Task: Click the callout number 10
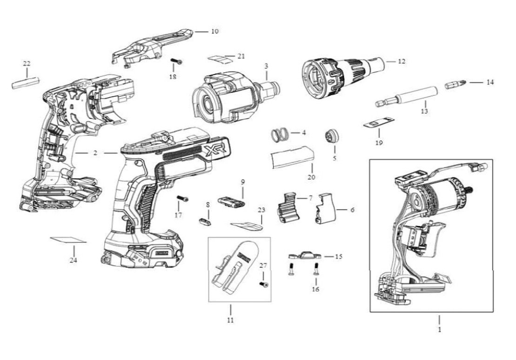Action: click(214, 31)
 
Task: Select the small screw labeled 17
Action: click(182, 199)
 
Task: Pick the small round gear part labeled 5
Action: click(331, 136)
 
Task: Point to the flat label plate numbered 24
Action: click(69, 240)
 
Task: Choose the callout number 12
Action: click(402, 61)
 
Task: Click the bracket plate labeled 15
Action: click(305, 255)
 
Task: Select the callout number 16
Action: click(315, 289)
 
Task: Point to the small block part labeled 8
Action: click(205, 220)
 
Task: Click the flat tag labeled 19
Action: click(378, 123)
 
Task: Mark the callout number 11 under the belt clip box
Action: click(230, 320)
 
